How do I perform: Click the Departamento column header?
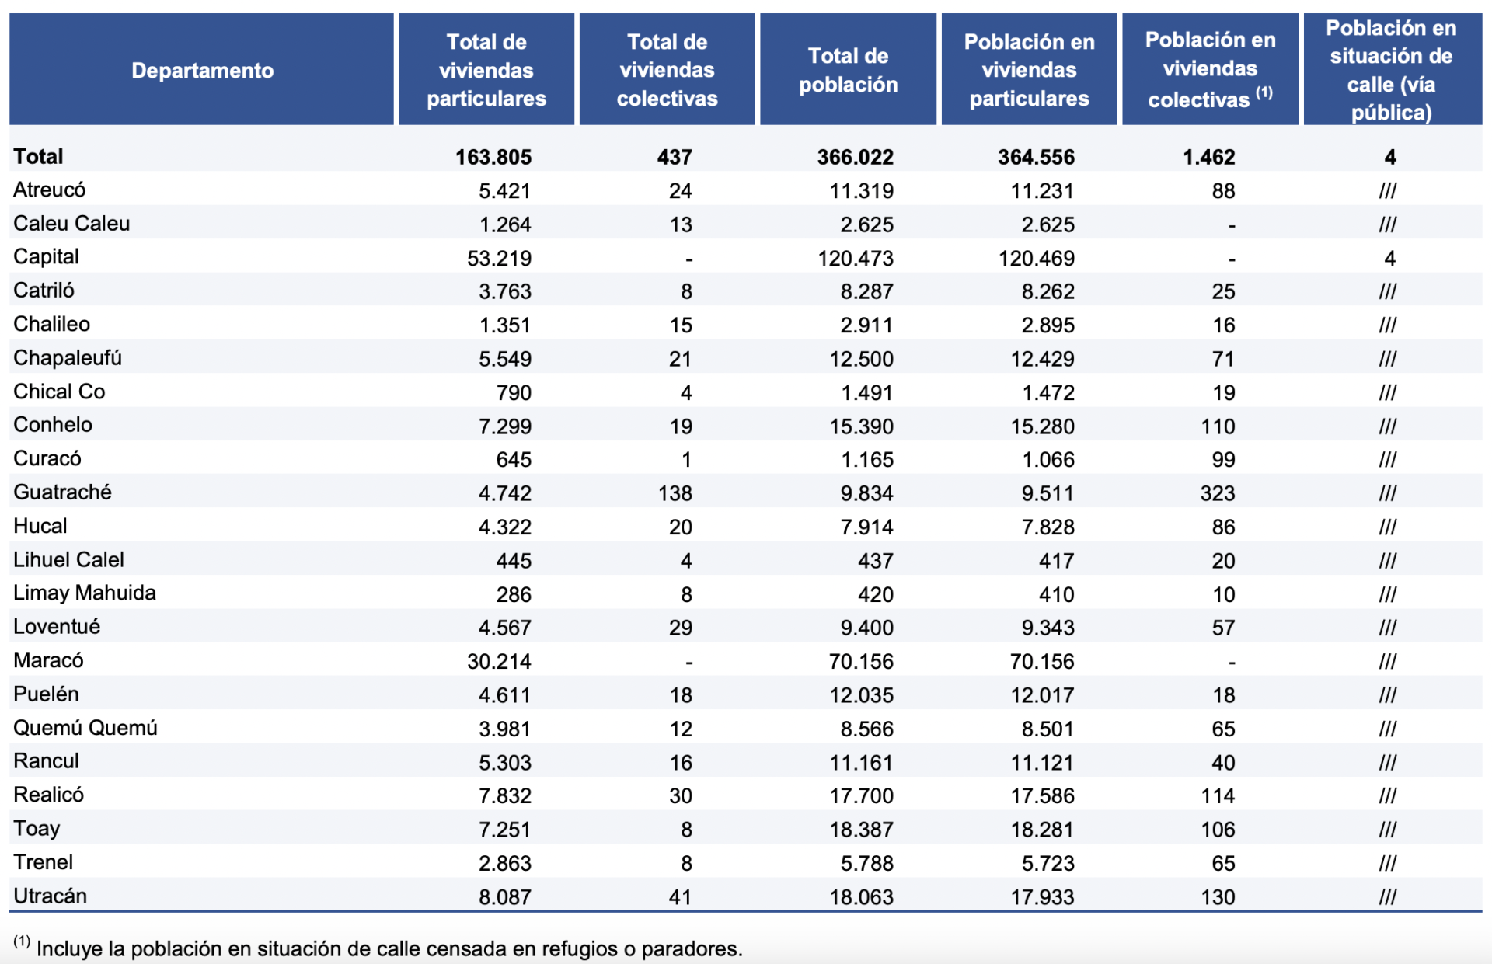[202, 71]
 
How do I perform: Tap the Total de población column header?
[848, 70]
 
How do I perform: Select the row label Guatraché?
[62, 492]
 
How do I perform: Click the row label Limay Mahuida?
[85, 593]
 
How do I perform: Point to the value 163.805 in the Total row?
[493, 157]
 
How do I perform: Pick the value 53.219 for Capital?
[499, 258]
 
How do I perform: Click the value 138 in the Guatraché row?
[675, 493]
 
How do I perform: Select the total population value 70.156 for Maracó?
[861, 662]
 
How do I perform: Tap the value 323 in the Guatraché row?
[1217, 493]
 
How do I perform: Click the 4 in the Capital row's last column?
[1389, 258]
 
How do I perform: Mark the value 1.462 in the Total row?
[1209, 157]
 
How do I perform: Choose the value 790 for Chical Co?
[514, 392]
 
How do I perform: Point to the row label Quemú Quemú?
[85, 728]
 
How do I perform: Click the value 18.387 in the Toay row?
[861, 830]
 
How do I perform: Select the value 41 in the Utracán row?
[680, 897]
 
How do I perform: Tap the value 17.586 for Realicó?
[1042, 796]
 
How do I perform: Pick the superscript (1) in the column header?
[1264, 92]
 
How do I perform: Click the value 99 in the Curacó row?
[1223, 460]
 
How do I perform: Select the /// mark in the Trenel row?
[1388, 863]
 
